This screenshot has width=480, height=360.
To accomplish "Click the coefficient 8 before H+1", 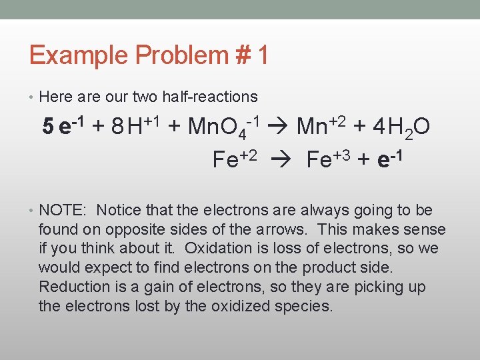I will coord(117,126).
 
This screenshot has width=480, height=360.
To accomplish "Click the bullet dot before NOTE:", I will coord(32,211).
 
